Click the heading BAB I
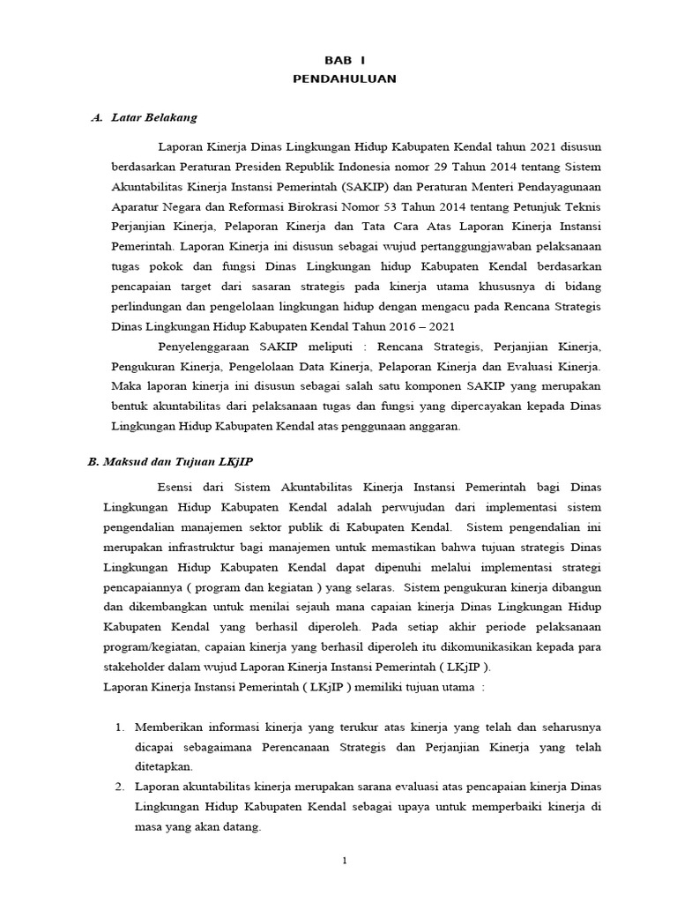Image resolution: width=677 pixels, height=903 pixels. tap(345, 60)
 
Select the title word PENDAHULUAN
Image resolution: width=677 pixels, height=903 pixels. tap(345, 78)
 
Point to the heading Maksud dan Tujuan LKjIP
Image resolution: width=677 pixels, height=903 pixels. tap(177, 461)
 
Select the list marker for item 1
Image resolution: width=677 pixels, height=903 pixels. tap(121, 728)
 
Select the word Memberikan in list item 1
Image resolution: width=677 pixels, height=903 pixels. tap(171, 728)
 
